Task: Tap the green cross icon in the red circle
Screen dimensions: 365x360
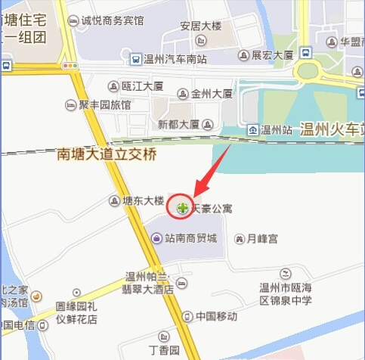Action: (x=181, y=206)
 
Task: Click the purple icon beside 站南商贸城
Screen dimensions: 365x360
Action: (x=156, y=238)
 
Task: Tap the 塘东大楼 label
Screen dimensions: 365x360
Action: (x=143, y=200)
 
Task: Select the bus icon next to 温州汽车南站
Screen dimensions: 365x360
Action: (x=135, y=57)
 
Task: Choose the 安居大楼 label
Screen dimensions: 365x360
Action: (x=200, y=26)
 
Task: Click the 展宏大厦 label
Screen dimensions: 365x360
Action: (x=272, y=55)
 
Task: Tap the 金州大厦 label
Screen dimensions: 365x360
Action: (x=212, y=95)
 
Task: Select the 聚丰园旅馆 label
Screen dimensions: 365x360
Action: (x=104, y=104)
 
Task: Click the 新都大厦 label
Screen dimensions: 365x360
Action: (x=179, y=123)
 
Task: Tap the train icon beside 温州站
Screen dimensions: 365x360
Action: (x=252, y=129)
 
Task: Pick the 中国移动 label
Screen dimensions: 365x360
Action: (x=216, y=316)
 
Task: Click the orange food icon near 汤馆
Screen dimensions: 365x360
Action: (x=36, y=296)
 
